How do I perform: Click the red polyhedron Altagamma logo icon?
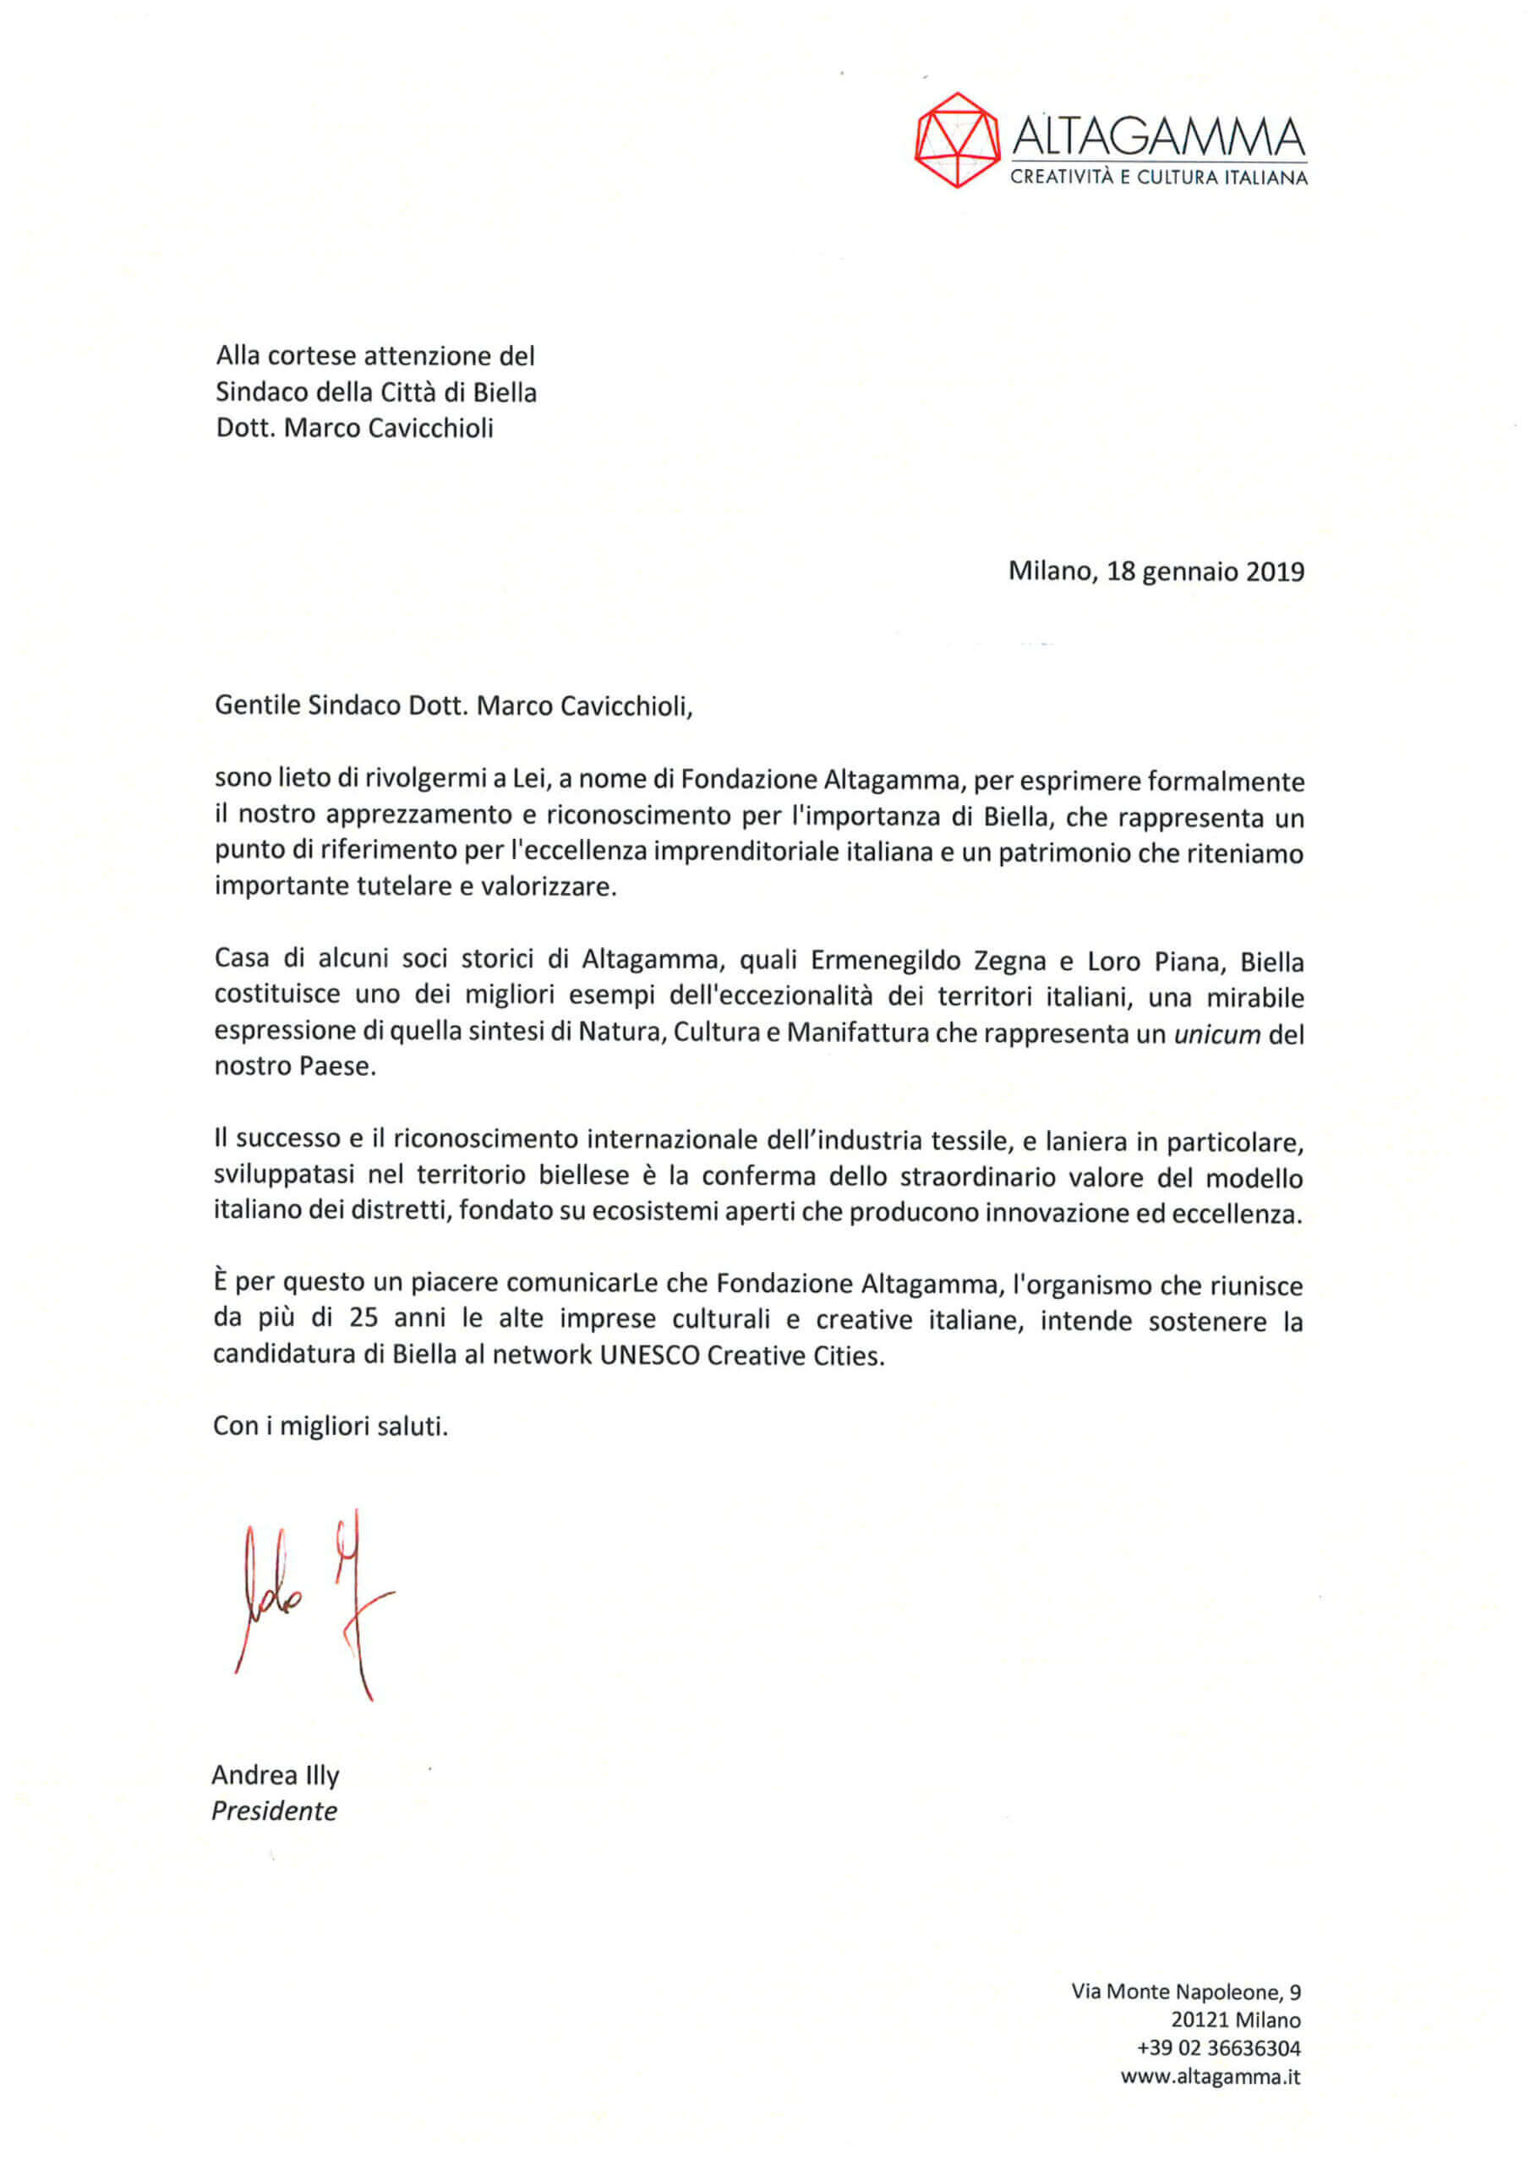(x=957, y=140)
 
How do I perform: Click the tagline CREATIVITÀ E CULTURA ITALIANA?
(x=1159, y=178)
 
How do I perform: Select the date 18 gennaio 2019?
(x=1205, y=572)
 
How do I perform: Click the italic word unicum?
(x=1217, y=1034)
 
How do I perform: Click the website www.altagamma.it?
(x=1210, y=2076)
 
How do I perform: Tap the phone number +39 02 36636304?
(x=1218, y=2048)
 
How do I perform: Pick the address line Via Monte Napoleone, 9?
(x=1186, y=1992)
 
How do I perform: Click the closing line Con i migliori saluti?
(x=330, y=1426)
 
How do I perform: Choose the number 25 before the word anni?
(x=363, y=1319)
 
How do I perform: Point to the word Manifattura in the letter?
(x=858, y=1034)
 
